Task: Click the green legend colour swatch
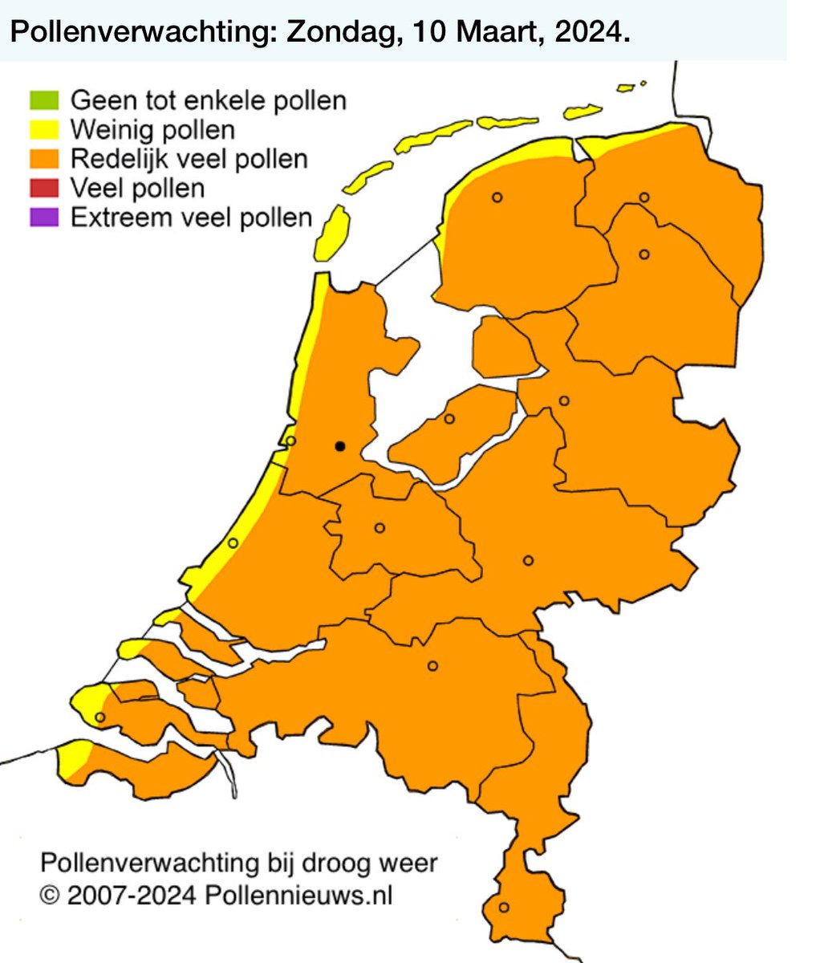pos(44,100)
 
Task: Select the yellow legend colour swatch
pos(44,129)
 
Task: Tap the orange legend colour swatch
pos(44,158)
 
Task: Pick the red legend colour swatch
pos(44,188)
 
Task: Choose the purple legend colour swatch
pos(44,217)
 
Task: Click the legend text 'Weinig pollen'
pos(152,129)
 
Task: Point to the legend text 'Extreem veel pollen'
pos(191,217)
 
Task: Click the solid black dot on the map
pos(340,445)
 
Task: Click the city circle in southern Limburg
pos(504,907)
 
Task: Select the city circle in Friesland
pos(497,197)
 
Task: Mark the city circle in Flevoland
pos(449,418)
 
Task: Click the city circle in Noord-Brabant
pos(433,665)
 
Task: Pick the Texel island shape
pos(331,233)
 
